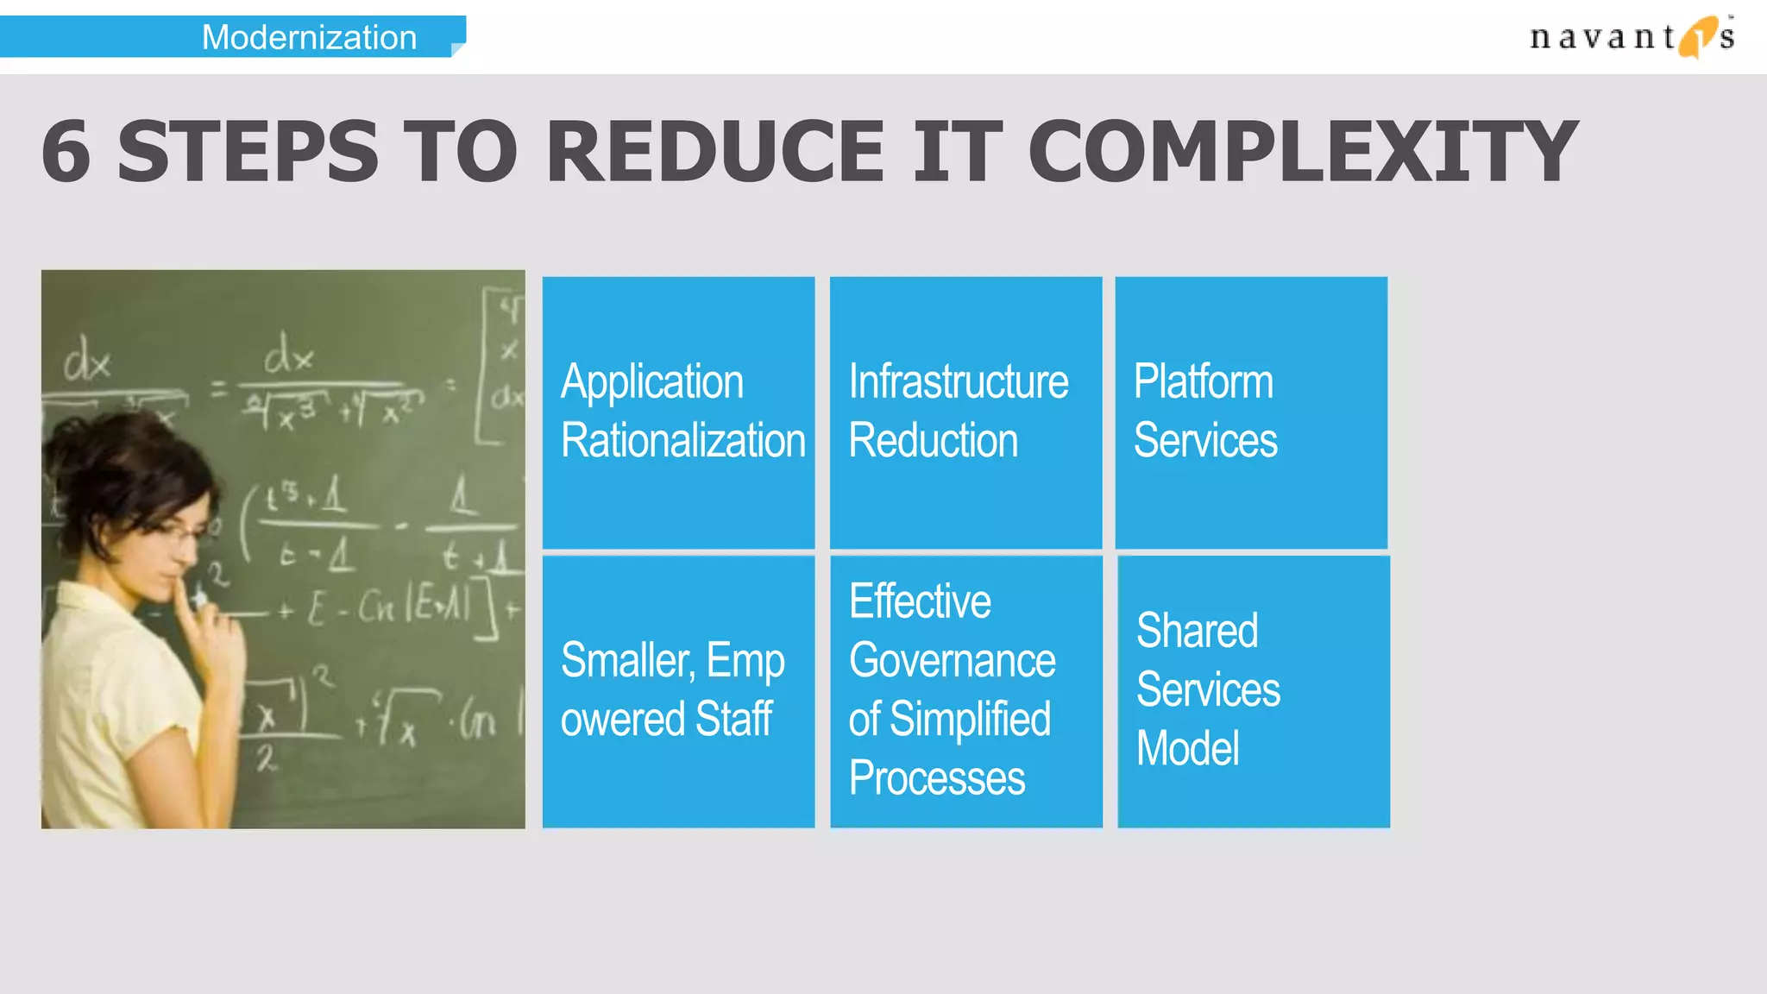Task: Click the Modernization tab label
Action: (309, 37)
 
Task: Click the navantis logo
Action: (1631, 36)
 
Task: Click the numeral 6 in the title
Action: (66, 152)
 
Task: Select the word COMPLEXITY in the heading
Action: (1303, 152)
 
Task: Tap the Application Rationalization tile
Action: (678, 412)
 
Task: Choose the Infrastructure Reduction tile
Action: (965, 412)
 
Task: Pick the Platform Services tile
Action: (1251, 412)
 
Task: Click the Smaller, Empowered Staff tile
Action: (678, 691)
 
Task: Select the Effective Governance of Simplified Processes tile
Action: (965, 691)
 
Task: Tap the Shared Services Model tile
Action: (1253, 691)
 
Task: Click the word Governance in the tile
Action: (952, 662)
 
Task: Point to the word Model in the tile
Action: (1187, 748)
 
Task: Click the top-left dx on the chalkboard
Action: (87, 361)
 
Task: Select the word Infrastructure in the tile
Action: (958, 381)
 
